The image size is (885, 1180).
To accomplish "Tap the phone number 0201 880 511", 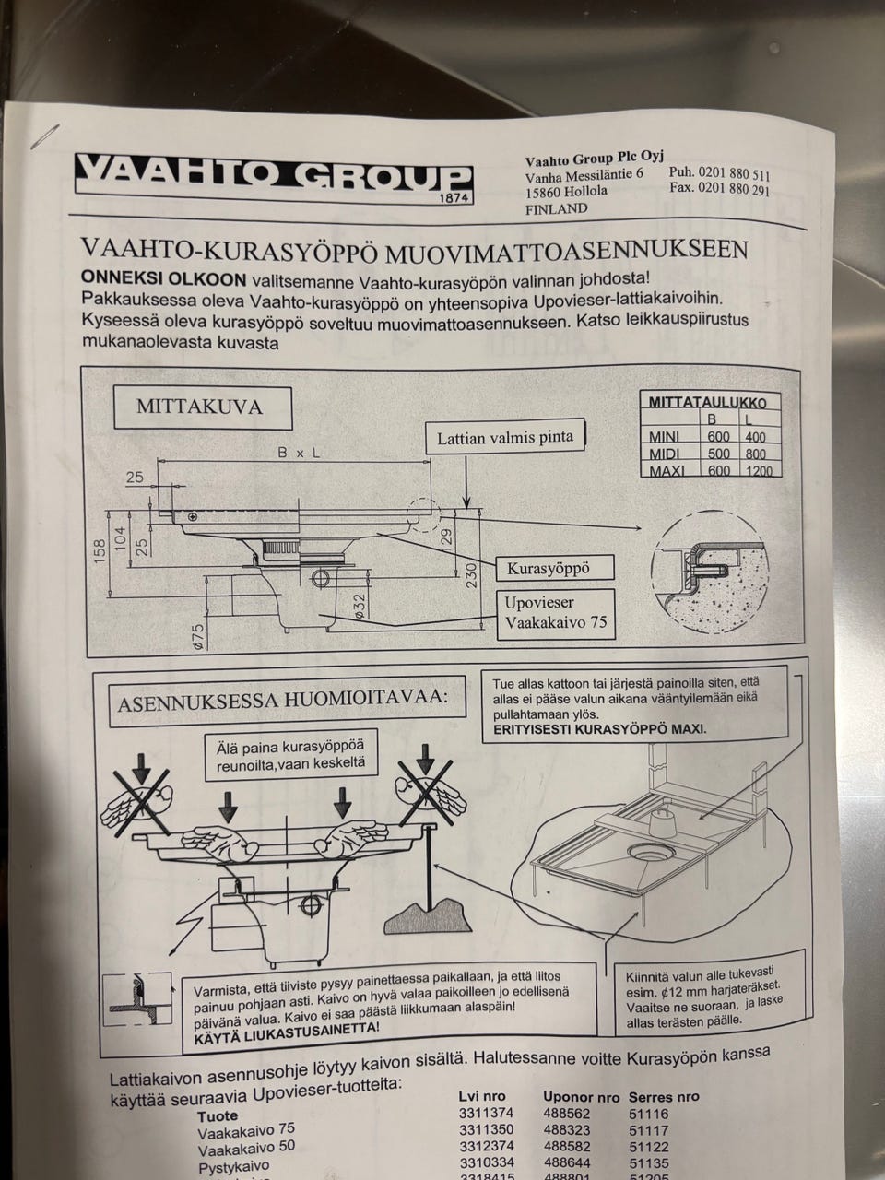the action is [x=734, y=174].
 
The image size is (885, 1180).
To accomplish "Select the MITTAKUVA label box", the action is [x=203, y=407].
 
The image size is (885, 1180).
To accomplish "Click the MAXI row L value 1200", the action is [x=759, y=471].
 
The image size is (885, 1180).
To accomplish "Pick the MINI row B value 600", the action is [x=718, y=437].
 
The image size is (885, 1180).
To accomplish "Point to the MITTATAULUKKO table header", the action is [x=707, y=403].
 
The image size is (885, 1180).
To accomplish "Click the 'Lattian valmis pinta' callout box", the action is [x=505, y=438].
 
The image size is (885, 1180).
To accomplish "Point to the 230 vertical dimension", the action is [x=471, y=575].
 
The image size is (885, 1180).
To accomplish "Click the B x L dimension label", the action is [x=298, y=454].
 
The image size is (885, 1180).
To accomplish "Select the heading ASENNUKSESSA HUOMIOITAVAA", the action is [x=283, y=701].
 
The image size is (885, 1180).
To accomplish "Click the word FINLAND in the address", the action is [x=556, y=209].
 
